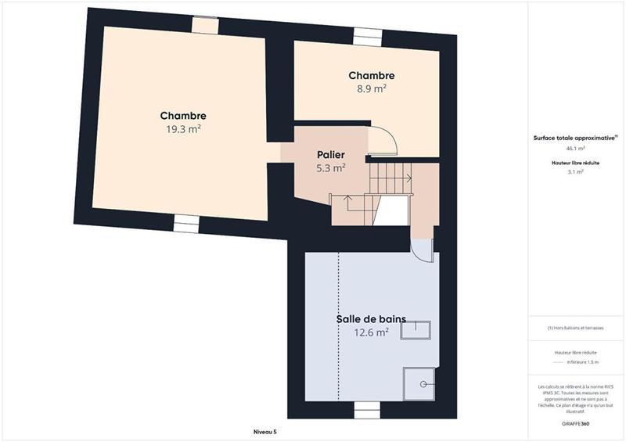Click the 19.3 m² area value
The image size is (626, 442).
tap(185, 129)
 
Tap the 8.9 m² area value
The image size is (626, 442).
tap(371, 88)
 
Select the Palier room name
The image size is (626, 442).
tap(331, 154)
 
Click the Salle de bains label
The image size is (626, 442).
tap(371, 318)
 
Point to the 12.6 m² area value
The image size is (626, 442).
tap(371, 332)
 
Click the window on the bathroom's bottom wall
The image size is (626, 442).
tap(365, 409)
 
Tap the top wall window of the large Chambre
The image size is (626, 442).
tap(205, 26)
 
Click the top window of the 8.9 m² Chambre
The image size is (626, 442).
tap(365, 35)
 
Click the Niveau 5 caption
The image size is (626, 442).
tap(264, 431)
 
